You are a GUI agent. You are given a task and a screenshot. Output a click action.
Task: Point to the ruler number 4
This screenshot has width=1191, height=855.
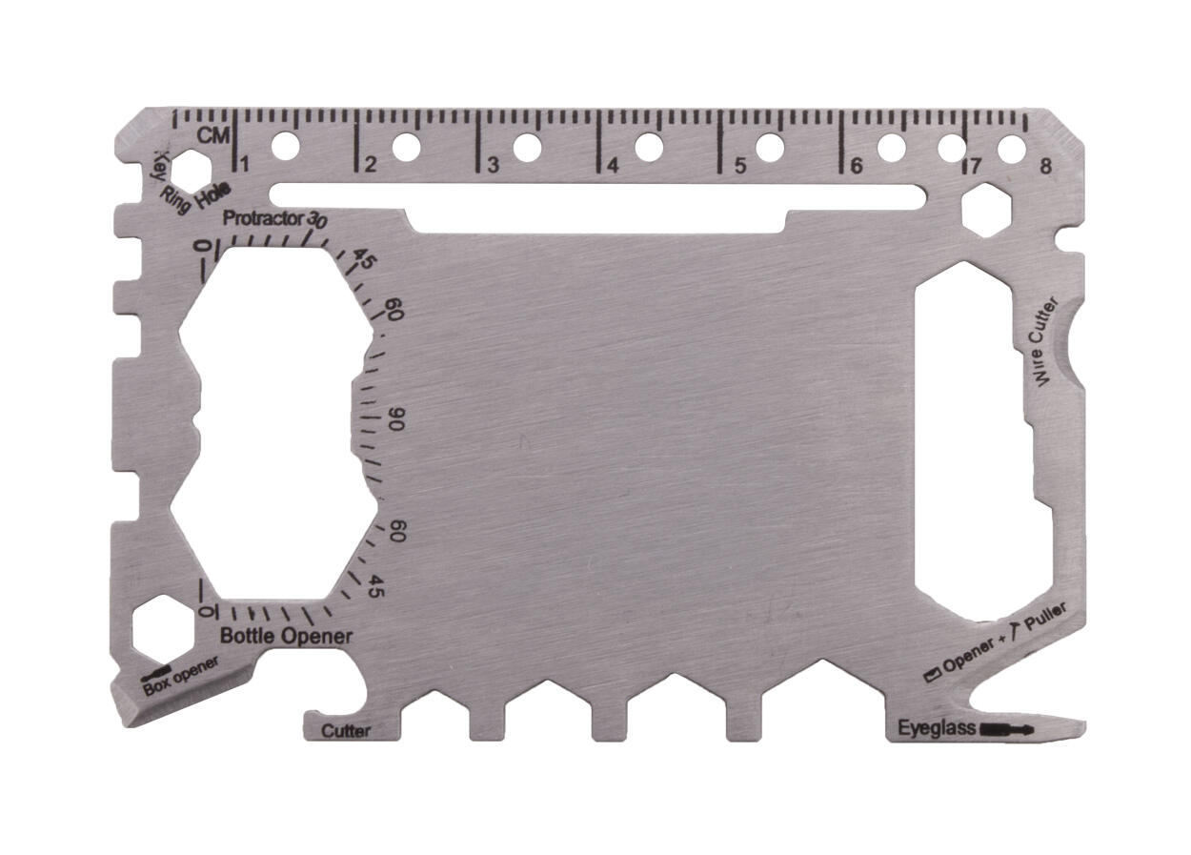[613, 165]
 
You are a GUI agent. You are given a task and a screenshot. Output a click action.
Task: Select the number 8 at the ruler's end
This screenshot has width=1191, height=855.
[1046, 165]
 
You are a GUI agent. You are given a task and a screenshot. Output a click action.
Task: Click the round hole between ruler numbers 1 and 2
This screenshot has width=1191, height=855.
[284, 147]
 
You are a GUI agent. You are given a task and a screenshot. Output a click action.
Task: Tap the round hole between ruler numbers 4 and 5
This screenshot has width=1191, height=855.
[649, 147]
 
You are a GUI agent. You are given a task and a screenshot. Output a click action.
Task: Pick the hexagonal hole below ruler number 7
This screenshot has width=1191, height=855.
[985, 210]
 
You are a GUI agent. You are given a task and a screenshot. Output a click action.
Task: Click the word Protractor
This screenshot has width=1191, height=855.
[263, 218]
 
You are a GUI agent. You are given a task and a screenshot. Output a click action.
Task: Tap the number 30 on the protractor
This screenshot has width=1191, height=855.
[318, 219]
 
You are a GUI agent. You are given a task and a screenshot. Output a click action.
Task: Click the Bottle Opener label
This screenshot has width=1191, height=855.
[286, 636]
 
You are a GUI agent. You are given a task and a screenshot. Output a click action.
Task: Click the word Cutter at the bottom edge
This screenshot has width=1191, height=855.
[346, 731]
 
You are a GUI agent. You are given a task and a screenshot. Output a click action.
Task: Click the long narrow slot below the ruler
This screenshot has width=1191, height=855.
[597, 196]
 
